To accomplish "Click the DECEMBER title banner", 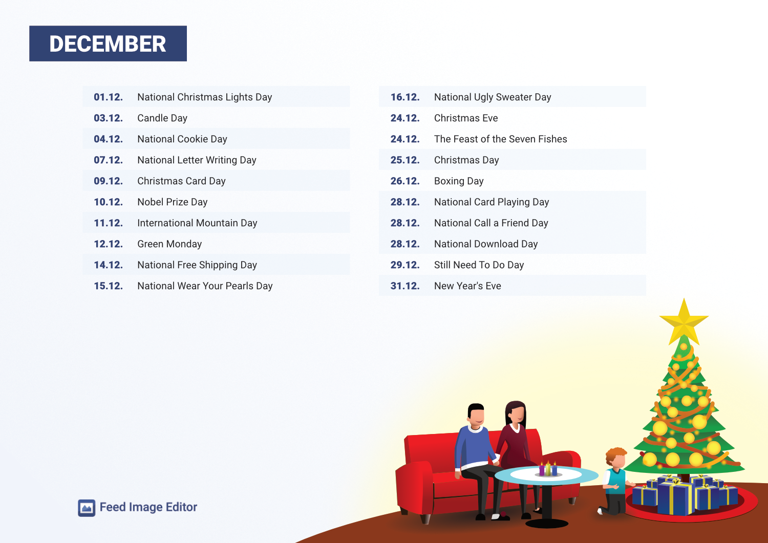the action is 108,44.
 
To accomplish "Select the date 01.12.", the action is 109,97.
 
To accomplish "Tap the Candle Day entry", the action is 162,118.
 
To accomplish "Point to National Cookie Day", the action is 182,139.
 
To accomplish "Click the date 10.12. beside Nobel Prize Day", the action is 109,202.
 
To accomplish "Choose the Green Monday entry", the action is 169,244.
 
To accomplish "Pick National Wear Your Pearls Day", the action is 205,286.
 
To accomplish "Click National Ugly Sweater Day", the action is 493,97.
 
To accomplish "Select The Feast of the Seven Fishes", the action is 501,139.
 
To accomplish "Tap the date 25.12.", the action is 405,160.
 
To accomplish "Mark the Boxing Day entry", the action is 459,181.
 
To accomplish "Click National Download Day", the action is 486,244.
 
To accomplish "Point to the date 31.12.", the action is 405,286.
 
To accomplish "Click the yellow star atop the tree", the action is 684,322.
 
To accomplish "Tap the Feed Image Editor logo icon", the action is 87,508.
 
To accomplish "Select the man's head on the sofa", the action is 476,416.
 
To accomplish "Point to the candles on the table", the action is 548,469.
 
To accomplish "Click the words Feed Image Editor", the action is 148,507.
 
